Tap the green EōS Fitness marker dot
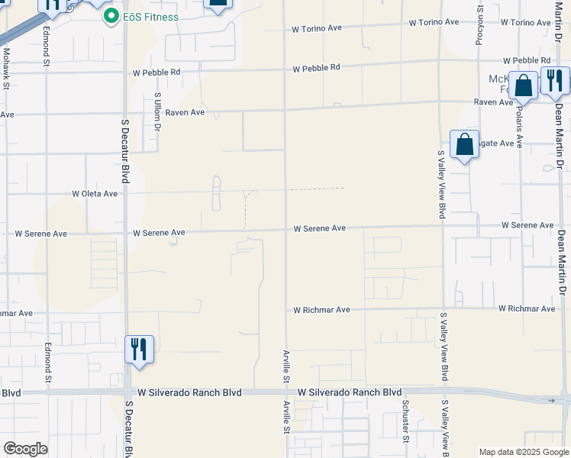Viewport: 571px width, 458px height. [111, 16]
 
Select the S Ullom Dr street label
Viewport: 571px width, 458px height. [157, 111]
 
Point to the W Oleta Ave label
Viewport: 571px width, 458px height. [95, 194]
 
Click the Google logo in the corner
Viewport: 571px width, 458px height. [24, 449]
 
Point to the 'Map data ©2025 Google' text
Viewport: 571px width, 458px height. [524, 452]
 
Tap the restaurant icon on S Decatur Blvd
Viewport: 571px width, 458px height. [139, 349]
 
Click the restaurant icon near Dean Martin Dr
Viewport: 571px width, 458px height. [554, 79]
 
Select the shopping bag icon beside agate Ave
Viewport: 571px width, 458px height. [464, 144]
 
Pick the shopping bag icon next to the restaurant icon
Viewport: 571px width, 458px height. [524, 85]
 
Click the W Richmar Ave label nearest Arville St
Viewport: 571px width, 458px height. [321, 310]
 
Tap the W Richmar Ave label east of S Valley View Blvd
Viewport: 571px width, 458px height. [526, 308]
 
